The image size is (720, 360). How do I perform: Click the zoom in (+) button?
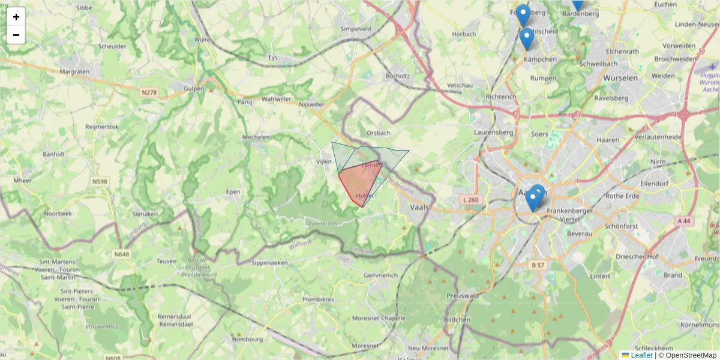point(16,17)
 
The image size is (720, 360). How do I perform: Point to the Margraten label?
point(75,71)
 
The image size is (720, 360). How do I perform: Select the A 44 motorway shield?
point(684,221)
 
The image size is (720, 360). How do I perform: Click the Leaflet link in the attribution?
point(641,355)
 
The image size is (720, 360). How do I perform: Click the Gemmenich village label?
point(380,275)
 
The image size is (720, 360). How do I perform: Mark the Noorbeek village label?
point(58,213)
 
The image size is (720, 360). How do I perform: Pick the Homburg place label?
point(247,339)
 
